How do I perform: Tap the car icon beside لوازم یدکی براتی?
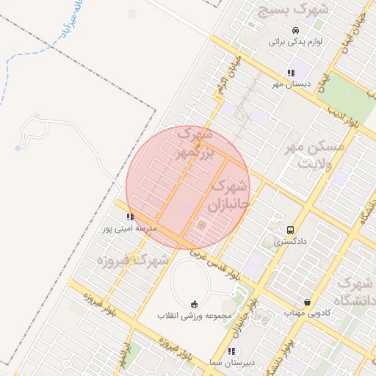(x=295, y=30)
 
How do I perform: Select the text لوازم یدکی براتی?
(x=295, y=42)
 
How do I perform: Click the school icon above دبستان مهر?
(x=291, y=73)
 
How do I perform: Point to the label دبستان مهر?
(x=292, y=84)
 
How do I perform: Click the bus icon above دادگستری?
(x=291, y=230)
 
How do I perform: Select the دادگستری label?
(x=291, y=241)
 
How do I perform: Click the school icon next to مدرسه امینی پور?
(x=130, y=217)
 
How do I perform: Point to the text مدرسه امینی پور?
(x=130, y=228)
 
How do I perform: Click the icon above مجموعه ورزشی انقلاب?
(x=194, y=304)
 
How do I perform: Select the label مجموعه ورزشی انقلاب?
(x=194, y=316)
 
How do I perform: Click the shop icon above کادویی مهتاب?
(x=307, y=302)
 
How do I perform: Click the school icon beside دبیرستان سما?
(x=233, y=351)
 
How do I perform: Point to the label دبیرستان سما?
(x=233, y=363)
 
